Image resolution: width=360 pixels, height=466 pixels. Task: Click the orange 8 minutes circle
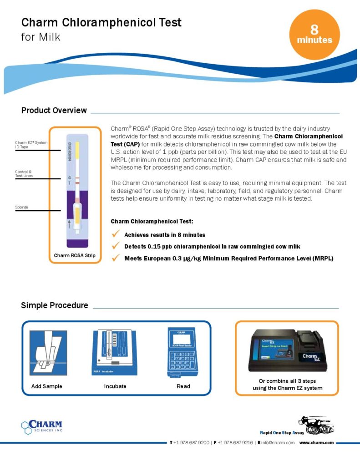(x=314, y=35)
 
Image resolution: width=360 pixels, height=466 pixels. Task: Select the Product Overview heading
(x=54, y=111)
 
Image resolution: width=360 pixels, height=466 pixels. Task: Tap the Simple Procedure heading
(x=55, y=305)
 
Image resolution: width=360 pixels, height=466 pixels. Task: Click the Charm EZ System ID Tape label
(x=31, y=145)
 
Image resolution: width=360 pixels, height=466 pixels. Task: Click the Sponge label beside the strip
(x=21, y=208)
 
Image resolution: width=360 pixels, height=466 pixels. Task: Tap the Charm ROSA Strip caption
(x=75, y=255)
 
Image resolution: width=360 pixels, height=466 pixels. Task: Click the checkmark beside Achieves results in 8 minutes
(x=116, y=234)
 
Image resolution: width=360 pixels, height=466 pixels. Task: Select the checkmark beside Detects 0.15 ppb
(x=116, y=246)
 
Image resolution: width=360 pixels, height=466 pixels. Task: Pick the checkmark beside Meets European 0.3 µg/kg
(x=116, y=258)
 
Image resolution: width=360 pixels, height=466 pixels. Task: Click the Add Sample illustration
(x=48, y=353)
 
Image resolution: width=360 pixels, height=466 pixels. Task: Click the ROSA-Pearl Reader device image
(x=183, y=352)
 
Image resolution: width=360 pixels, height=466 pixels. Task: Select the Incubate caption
(x=115, y=386)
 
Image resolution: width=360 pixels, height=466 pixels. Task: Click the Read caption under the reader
(x=183, y=386)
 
